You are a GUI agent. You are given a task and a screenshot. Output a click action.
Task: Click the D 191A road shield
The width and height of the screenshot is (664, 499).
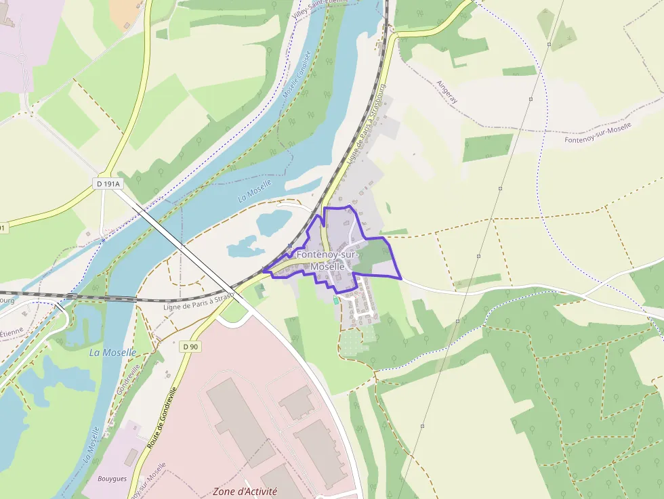point(108,183)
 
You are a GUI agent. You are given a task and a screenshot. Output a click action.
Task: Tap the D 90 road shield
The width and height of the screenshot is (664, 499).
point(191,347)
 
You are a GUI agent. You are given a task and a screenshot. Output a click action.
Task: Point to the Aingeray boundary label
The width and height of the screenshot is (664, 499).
point(448,91)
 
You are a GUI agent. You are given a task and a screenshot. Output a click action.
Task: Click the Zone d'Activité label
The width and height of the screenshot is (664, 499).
point(245,491)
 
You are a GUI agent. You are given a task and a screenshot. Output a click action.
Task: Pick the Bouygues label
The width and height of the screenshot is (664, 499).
point(112,479)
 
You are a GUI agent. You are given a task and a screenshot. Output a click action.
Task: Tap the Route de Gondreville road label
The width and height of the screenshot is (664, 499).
point(161,418)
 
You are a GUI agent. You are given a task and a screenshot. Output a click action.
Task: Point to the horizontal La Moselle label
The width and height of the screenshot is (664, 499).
point(112,353)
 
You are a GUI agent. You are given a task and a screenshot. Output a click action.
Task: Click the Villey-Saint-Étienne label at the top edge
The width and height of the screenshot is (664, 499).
point(320,5)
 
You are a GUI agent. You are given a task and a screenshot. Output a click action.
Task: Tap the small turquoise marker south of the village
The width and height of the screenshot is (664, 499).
point(335,300)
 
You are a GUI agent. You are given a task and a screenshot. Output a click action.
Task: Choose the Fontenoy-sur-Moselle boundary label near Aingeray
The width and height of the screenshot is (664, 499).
point(598,133)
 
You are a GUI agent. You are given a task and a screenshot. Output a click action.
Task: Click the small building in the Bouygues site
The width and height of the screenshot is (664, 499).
point(130,457)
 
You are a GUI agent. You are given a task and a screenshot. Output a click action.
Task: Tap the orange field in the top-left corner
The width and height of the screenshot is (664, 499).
point(125,12)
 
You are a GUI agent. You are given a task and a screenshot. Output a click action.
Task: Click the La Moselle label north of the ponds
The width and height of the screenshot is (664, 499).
point(255,191)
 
